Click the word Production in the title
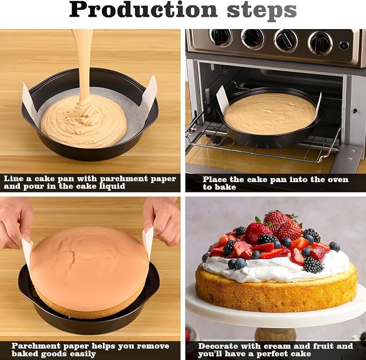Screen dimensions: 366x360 [143, 10]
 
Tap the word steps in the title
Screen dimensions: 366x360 [261, 11]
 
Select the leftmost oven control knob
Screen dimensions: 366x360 [220, 37]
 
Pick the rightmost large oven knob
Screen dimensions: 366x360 [321, 42]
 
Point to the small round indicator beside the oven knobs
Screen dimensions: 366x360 [344, 45]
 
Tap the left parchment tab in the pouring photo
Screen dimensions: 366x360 [29, 98]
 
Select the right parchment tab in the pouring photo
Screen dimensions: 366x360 [150, 91]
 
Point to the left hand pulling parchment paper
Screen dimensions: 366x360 [15, 221]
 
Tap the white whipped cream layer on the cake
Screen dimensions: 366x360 [275, 268]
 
